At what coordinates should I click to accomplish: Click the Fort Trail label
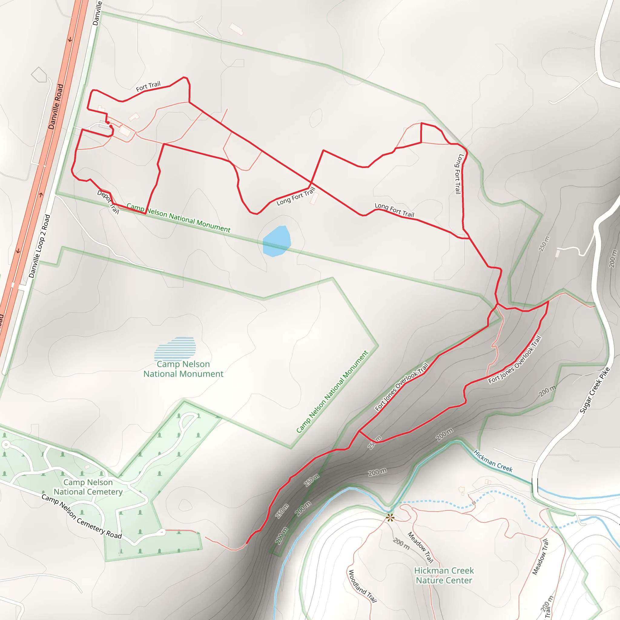point(148,86)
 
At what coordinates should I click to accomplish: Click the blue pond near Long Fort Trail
point(276,241)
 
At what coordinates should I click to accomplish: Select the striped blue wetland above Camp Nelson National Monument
point(175,348)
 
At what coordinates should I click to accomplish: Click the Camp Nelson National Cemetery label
point(88,487)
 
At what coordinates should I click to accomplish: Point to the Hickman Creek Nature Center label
point(444,575)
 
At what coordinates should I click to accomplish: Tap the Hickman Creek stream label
point(493,461)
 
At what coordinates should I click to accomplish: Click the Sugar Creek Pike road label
point(594,390)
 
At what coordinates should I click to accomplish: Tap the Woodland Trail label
point(362,586)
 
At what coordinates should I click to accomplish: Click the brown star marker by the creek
point(390,518)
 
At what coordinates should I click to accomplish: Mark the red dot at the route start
point(108,122)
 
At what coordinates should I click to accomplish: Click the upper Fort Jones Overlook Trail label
point(401,387)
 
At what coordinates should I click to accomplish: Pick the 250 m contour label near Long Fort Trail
point(544,244)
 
